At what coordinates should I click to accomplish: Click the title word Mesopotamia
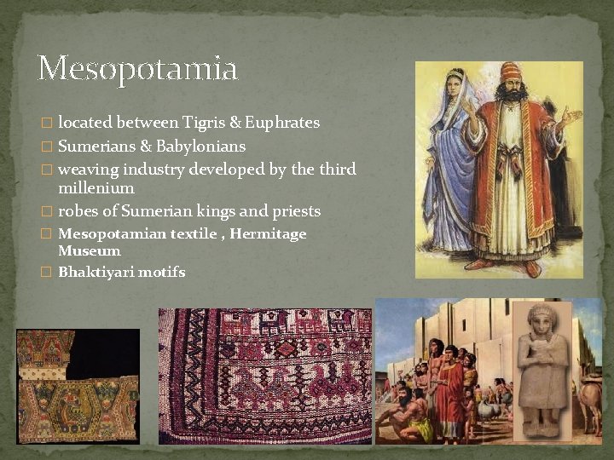tap(137, 68)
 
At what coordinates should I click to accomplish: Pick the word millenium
tap(96, 187)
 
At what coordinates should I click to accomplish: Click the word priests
tap(297, 211)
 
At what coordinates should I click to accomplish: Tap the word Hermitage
tap(267, 233)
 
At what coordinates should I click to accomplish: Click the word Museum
tap(90, 250)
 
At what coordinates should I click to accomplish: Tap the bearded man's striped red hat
tap(511, 72)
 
